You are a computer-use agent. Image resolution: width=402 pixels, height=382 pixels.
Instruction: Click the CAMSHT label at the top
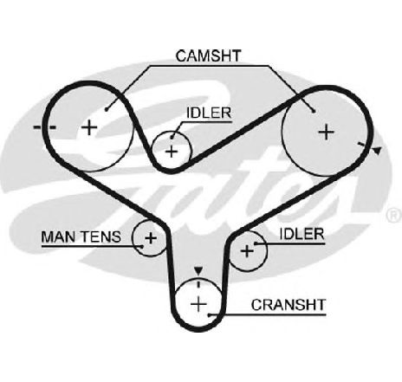click(208, 55)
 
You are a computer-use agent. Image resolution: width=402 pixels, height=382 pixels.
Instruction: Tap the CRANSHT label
click(289, 305)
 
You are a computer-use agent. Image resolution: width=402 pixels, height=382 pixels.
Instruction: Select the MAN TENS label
click(81, 236)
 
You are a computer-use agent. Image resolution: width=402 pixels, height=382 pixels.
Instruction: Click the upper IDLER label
click(209, 113)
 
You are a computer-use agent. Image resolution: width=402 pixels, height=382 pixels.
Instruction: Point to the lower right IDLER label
click(301, 234)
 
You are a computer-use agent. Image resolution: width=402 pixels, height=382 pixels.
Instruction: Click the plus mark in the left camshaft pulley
click(89, 127)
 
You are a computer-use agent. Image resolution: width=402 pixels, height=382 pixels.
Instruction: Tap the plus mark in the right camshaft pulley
click(327, 132)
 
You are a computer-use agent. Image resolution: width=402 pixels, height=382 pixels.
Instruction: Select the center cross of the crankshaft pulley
click(198, 304)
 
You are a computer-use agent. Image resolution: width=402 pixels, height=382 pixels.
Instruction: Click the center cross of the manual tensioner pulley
click(151, 238)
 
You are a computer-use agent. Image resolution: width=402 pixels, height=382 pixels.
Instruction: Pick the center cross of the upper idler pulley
click(172, 152)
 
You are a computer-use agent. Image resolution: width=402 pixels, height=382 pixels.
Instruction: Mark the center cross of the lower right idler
click(247, 250)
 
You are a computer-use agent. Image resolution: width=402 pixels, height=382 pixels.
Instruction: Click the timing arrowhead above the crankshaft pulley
click(198, 271)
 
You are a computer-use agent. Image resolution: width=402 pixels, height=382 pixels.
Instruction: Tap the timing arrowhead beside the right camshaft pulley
click(377, 150)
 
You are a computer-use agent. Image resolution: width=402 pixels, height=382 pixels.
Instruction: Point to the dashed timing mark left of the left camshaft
click(45, 127)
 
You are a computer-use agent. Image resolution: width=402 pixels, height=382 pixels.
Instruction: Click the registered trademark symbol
click(394, 216)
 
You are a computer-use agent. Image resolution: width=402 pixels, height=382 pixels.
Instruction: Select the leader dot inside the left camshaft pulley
click(107, 109)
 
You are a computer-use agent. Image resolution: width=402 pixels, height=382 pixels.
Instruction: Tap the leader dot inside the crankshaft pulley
click(210, 314)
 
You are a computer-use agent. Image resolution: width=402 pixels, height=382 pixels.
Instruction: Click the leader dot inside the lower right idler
click(256, 244)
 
